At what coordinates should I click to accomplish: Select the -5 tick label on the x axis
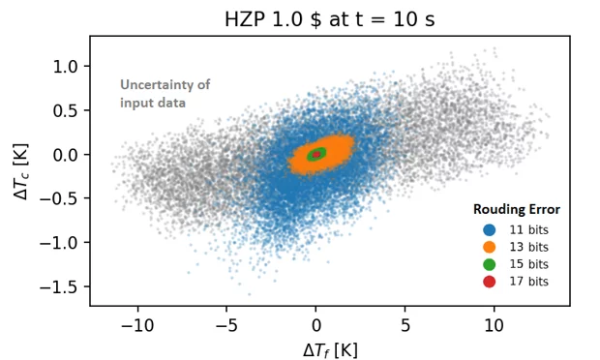(x=226, y=321)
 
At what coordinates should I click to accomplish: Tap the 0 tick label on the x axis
(x=316, y=321)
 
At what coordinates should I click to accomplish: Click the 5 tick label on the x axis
(x=405, y=321)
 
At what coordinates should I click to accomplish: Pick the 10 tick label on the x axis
(x=494, y=321)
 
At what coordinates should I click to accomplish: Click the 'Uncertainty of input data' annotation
(x=165, y=94)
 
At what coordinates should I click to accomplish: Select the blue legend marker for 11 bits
(x=489, y=230)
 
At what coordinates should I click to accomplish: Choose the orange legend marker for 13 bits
(x=489, y=247)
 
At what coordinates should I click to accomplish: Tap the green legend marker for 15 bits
(x=489, y=264)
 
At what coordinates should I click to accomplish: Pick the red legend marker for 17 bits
(x=489, y=281)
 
